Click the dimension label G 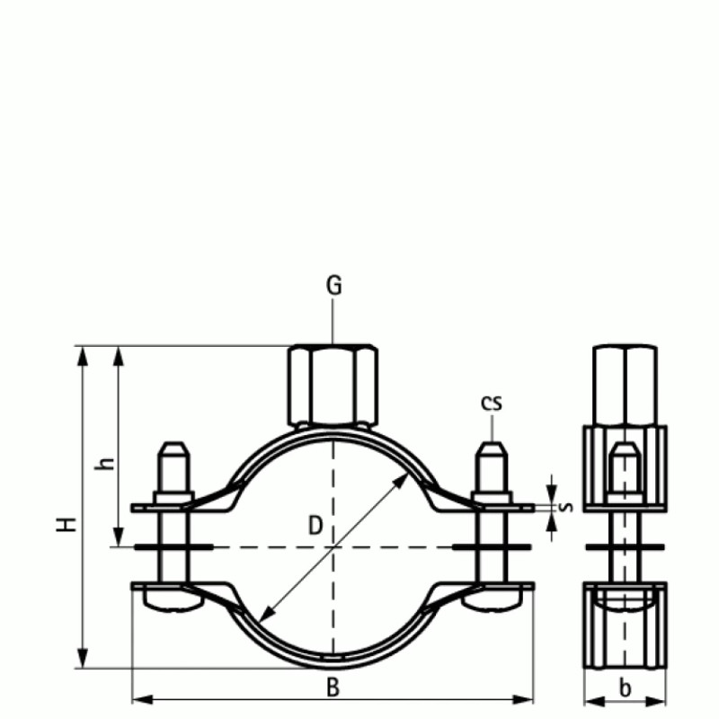[x=333, y=286]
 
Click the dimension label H [x=66, y=524]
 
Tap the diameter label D [x=315, y=526]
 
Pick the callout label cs [x=491, y=403]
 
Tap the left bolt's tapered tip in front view [x=173, y=449]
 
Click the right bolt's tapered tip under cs [x=491, y=449]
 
